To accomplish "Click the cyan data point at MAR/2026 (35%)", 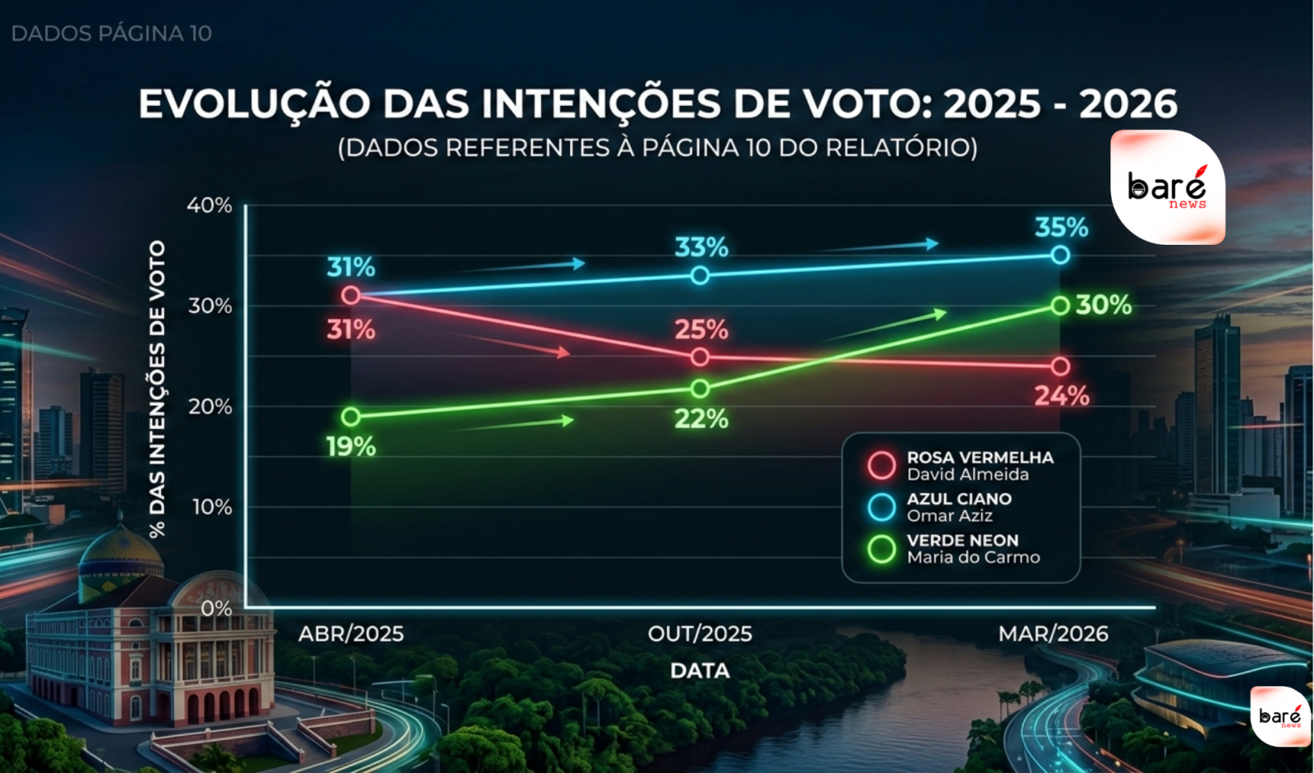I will point(1060,255).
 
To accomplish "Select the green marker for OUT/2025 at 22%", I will point(700,389).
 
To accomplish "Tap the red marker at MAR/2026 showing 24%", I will point(1060,366).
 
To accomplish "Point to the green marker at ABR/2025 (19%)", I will point(351,416).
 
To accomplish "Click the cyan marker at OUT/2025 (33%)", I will point(700,275).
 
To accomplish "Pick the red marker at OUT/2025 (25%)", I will point(700,357).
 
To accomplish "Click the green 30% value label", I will point(1104,305).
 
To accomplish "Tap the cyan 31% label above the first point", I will point(351,267).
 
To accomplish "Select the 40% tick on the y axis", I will point(209,205).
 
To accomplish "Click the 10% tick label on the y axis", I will point(212,507).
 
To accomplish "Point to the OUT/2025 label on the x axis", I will point(700,633).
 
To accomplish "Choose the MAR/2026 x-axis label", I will point(1053,633).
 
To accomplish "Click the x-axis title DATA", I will point(700,670).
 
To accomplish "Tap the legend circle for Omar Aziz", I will point(881,507).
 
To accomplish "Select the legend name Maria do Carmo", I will point(973,557).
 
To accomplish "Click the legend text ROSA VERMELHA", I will point(980,458).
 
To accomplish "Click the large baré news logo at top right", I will point(1167,187).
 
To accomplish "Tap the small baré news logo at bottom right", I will point(1280,716).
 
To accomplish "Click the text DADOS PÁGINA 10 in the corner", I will point(112,34).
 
